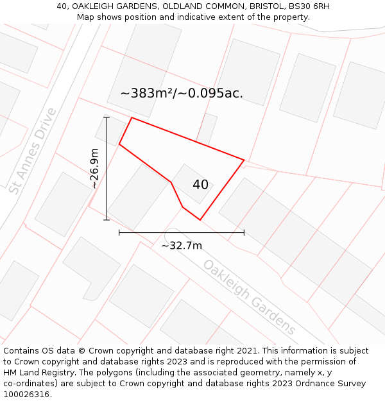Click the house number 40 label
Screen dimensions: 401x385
(x=200, y=185)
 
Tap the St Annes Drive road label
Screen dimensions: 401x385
(x=33, y=151)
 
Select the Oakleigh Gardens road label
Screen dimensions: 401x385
(x=250, y=297)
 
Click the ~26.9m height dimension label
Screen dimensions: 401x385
(x=94, y=169)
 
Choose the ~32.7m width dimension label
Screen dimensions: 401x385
(x=182, y=246)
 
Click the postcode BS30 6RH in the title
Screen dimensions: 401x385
(x=309, y=6)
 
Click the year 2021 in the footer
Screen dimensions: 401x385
(x=247, y=351)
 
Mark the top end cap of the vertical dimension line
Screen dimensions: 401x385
(x=107, y=117)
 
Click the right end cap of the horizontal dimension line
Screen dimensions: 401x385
(x=244, y=232)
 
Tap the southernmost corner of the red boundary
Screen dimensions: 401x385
(x=200, y=220)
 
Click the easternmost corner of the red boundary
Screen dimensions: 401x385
(x=244, y=160)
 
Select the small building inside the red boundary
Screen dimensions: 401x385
(x=191, y=183)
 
